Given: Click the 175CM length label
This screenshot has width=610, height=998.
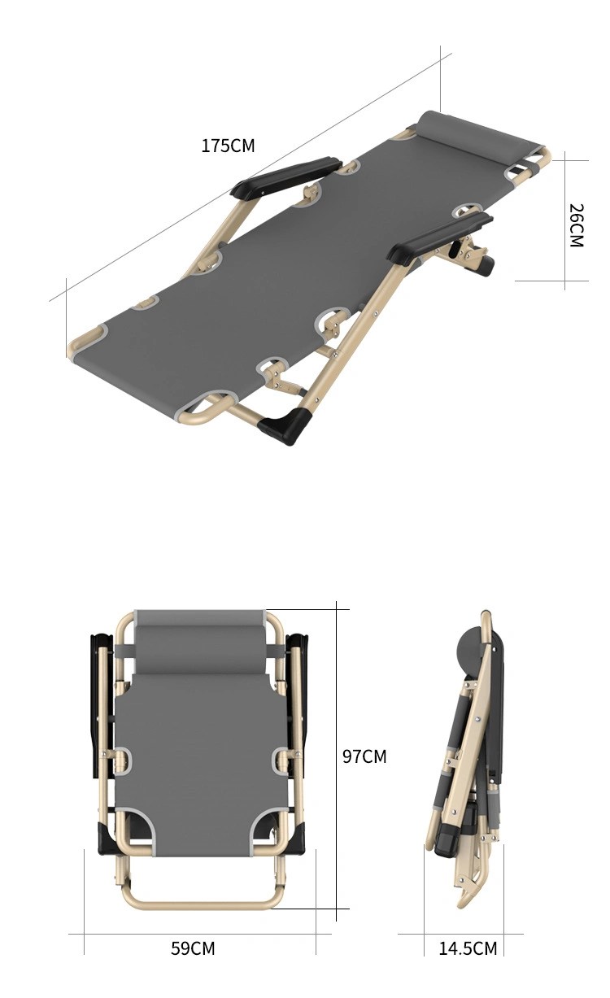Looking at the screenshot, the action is (228, 146).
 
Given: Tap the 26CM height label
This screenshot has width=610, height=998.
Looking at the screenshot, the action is (576, 225).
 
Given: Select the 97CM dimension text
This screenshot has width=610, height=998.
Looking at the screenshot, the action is (364, 756).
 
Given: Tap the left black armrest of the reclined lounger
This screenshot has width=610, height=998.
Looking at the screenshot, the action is (285, 177).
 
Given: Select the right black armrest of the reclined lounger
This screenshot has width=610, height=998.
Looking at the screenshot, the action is (439, 237).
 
